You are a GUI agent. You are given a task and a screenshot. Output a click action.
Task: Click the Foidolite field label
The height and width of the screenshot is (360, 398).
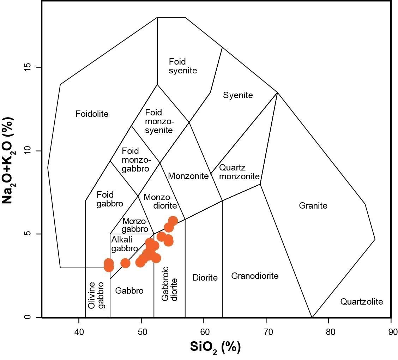click(92, 114)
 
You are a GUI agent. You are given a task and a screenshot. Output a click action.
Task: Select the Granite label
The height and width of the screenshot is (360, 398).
click(313, 205)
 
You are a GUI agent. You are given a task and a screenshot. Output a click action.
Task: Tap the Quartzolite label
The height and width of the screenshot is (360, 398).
click(361, 302)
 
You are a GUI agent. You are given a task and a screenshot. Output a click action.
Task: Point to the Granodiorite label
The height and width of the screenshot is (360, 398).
click(255, 276)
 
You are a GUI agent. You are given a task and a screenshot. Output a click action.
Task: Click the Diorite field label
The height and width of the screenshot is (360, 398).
click(205, 277)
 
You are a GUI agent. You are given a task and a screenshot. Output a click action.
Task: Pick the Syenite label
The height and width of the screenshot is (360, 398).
click(238, 95)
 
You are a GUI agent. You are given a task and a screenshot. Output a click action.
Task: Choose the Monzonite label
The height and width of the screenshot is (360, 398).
click(188, 176)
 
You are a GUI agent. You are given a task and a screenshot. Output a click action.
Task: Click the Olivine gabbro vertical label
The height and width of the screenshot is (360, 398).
click(96, 295)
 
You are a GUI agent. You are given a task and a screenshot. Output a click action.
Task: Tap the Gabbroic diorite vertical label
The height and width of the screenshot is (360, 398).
click(170, 283)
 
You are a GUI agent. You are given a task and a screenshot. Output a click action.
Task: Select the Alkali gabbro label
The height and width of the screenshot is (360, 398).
click(124, 244)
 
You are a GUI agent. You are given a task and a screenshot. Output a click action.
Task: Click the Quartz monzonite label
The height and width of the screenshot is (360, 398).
click(239, 172)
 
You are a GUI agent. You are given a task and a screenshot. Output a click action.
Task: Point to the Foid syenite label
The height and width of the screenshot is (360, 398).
click(183, 66)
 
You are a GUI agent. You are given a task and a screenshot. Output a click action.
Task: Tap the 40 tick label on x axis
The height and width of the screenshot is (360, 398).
click(79, 332)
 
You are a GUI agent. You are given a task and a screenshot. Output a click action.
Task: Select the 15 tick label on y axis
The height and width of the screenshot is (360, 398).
click(28, 67)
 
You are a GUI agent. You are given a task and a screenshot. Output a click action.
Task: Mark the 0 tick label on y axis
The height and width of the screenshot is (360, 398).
click(28, 317)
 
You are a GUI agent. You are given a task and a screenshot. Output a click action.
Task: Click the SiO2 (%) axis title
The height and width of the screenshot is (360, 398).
click(215, 347)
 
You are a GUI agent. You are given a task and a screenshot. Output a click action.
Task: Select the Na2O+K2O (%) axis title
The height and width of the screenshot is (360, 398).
click(8, 160)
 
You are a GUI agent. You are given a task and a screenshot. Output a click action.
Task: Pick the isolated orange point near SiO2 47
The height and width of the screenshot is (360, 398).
click(125, 263)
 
